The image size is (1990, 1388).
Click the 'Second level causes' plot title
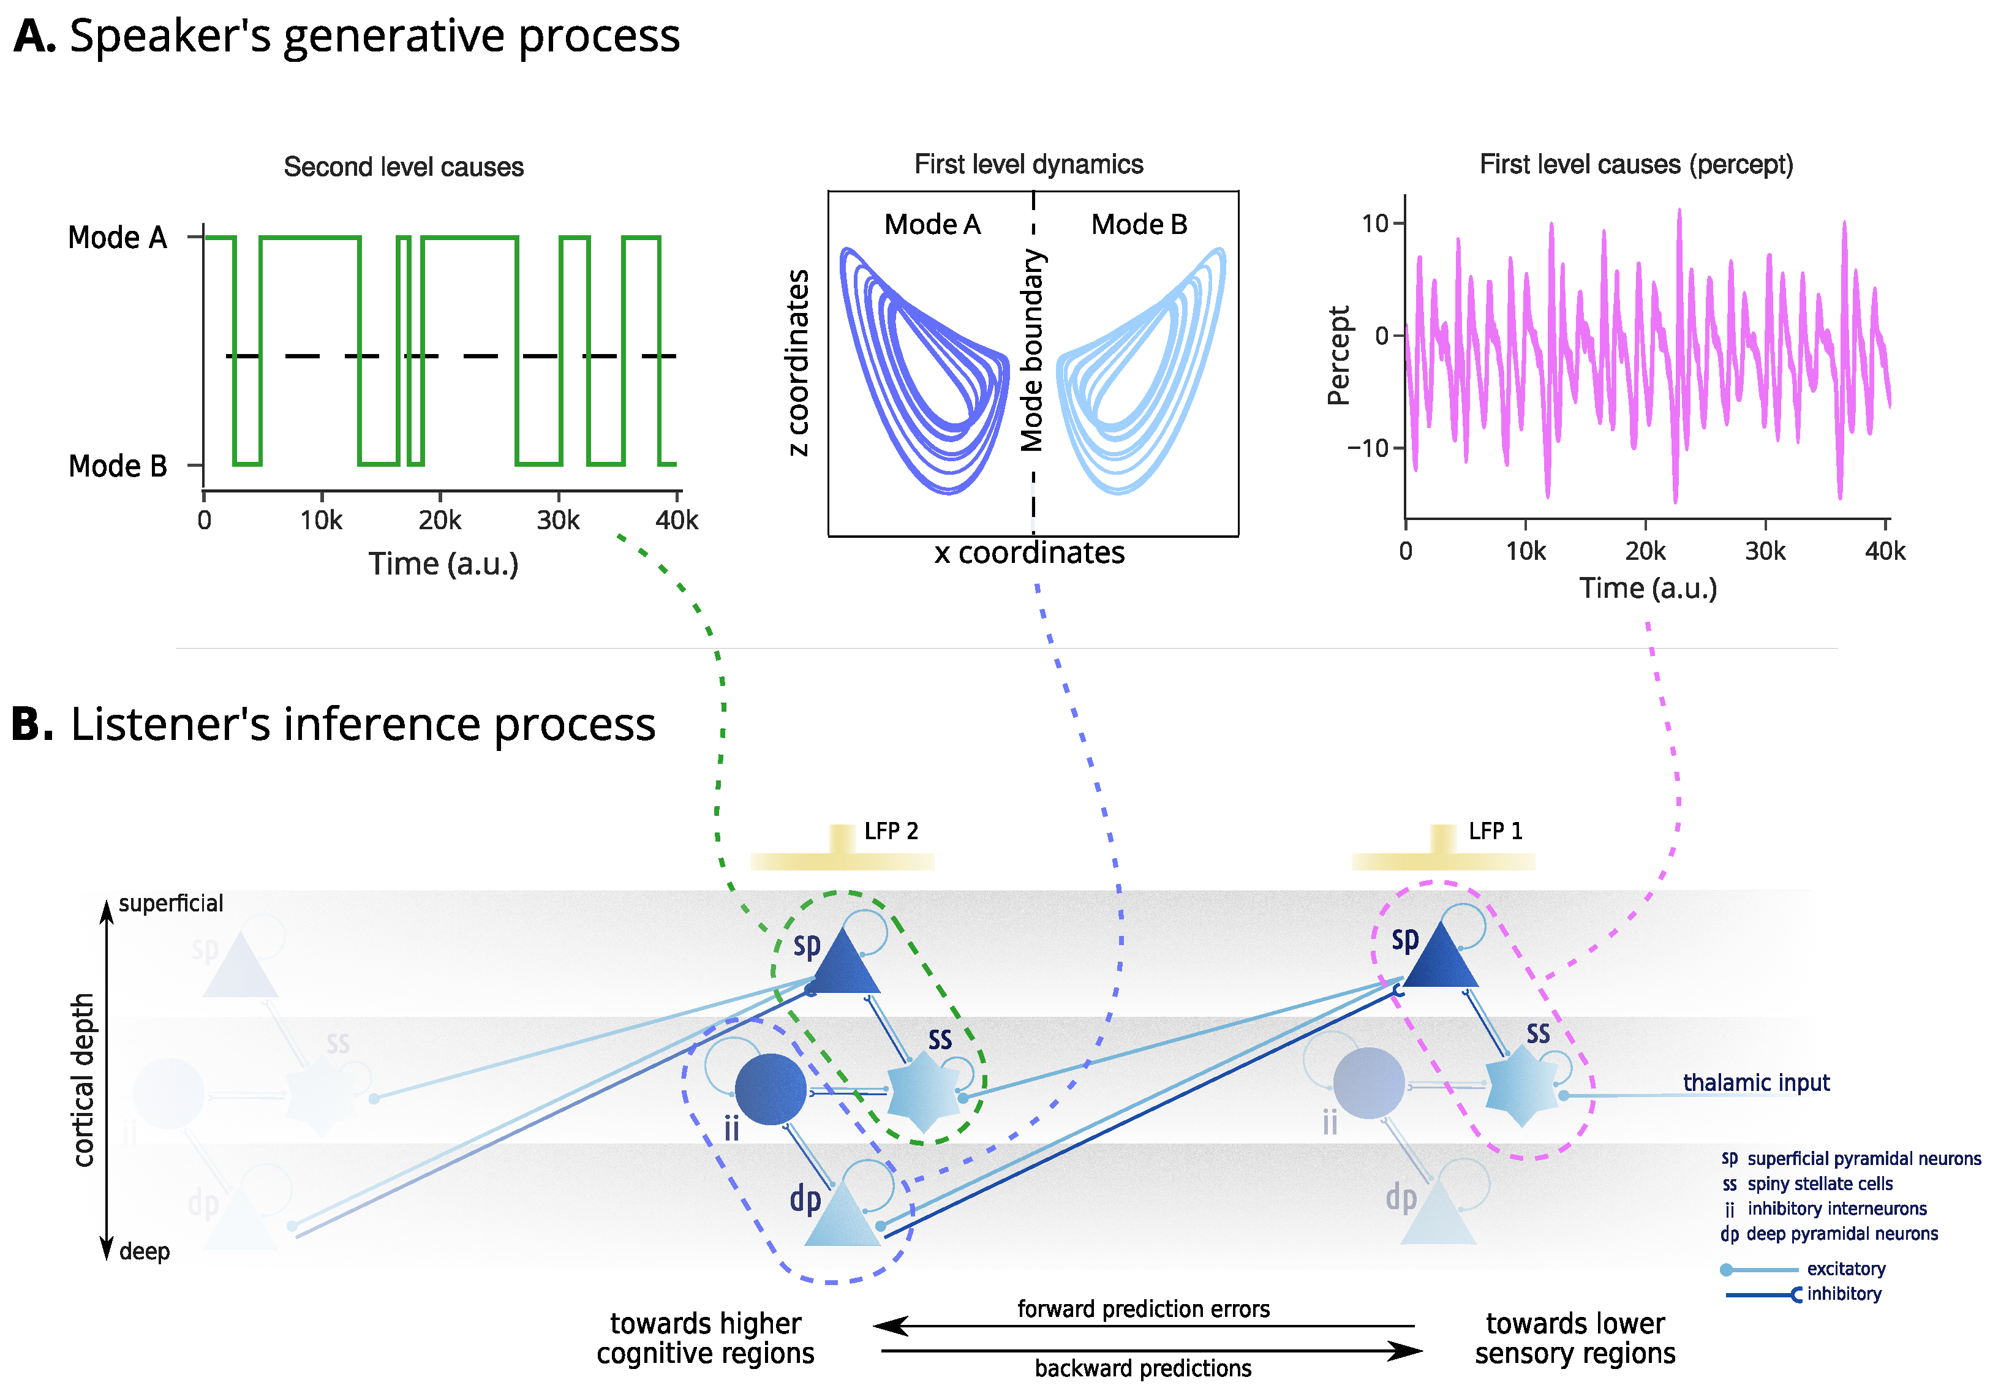coord(403,167)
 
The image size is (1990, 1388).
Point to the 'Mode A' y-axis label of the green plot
coord(117,238)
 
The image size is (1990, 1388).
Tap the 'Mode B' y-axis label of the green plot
coord(117,466)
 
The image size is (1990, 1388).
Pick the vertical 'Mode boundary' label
coord(1031,350)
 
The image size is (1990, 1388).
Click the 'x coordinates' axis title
coord(1029,553)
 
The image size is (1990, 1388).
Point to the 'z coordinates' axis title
coord(797,363)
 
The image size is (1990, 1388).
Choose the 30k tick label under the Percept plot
coord(1765,551)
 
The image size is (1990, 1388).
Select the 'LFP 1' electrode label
coord(1495,831)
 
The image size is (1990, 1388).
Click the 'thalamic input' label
coord(1755,1083)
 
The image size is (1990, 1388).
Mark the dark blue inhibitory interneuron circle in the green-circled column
coord(770,1090)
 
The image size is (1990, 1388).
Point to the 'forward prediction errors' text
coord(1142,1309)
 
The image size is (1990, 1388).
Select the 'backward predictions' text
coord(1142,1369)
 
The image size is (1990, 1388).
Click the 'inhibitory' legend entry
coord(1844,1294)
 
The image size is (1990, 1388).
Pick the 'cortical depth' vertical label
coord(83,1079)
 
